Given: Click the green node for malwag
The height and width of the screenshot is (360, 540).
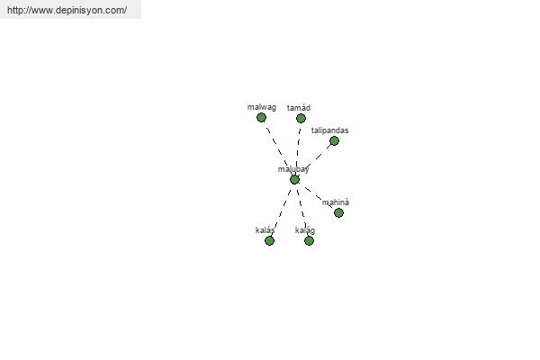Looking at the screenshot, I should (x=261, y=117).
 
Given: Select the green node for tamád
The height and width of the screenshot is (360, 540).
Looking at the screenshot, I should (x=301, y=118).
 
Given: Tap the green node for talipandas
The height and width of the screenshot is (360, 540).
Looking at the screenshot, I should (x=334, y=140).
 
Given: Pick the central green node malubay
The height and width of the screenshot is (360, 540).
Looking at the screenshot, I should (x=294, y=179).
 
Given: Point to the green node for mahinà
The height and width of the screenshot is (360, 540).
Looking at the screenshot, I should (x=338, y=212).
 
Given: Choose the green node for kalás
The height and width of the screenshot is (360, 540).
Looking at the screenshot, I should (x=269, y=240).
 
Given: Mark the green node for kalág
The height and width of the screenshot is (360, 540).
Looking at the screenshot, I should (x=309, y=240).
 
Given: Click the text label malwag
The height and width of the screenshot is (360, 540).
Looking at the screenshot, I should (x=261, y=107).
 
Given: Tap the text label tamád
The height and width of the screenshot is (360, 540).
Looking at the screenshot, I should (x=299, y=108).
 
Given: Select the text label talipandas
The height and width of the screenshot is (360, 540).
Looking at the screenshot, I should (x=329, y=130).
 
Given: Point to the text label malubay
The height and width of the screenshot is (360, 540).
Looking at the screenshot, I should (x=293, y=169).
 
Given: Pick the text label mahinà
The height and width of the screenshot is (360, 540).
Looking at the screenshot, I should (x=336, y=202).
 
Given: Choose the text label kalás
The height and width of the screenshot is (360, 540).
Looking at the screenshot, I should (x=265, y=230).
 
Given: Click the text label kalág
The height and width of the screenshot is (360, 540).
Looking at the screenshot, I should (x=305, y=230).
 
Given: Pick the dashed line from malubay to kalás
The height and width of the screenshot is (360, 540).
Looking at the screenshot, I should (x=282, y=210).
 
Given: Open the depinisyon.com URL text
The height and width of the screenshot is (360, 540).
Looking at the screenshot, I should (x=67, y=10).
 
